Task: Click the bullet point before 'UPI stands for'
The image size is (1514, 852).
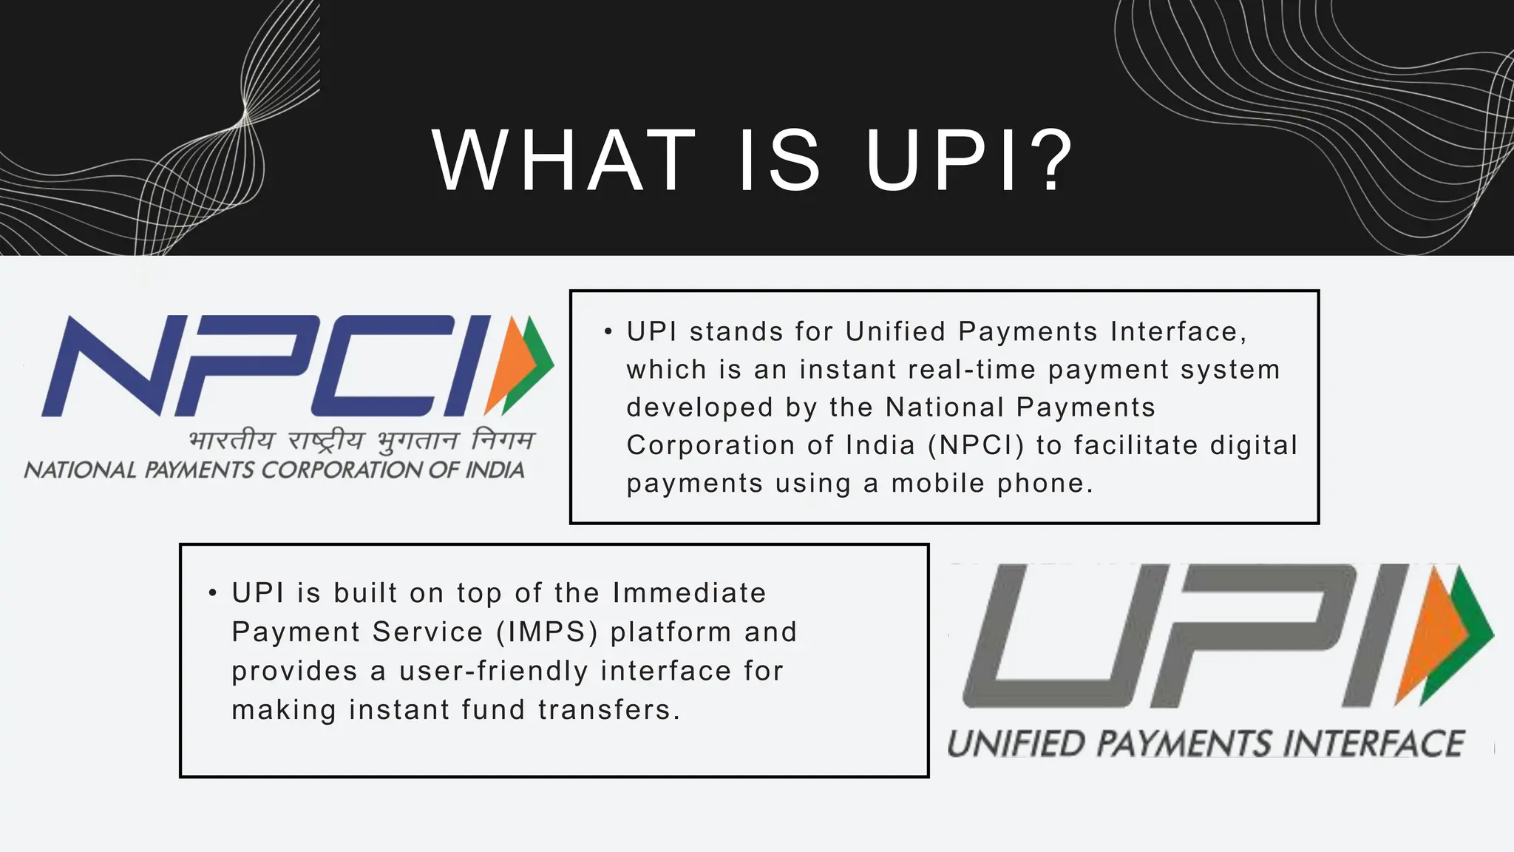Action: coord(608,332)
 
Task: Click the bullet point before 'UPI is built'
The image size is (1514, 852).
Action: coord(213,593)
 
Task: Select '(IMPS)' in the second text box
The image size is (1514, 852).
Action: coord(546,632)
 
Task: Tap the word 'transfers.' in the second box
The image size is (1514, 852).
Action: coord(608,710)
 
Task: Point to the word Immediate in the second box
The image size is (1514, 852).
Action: coord(689,593)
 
